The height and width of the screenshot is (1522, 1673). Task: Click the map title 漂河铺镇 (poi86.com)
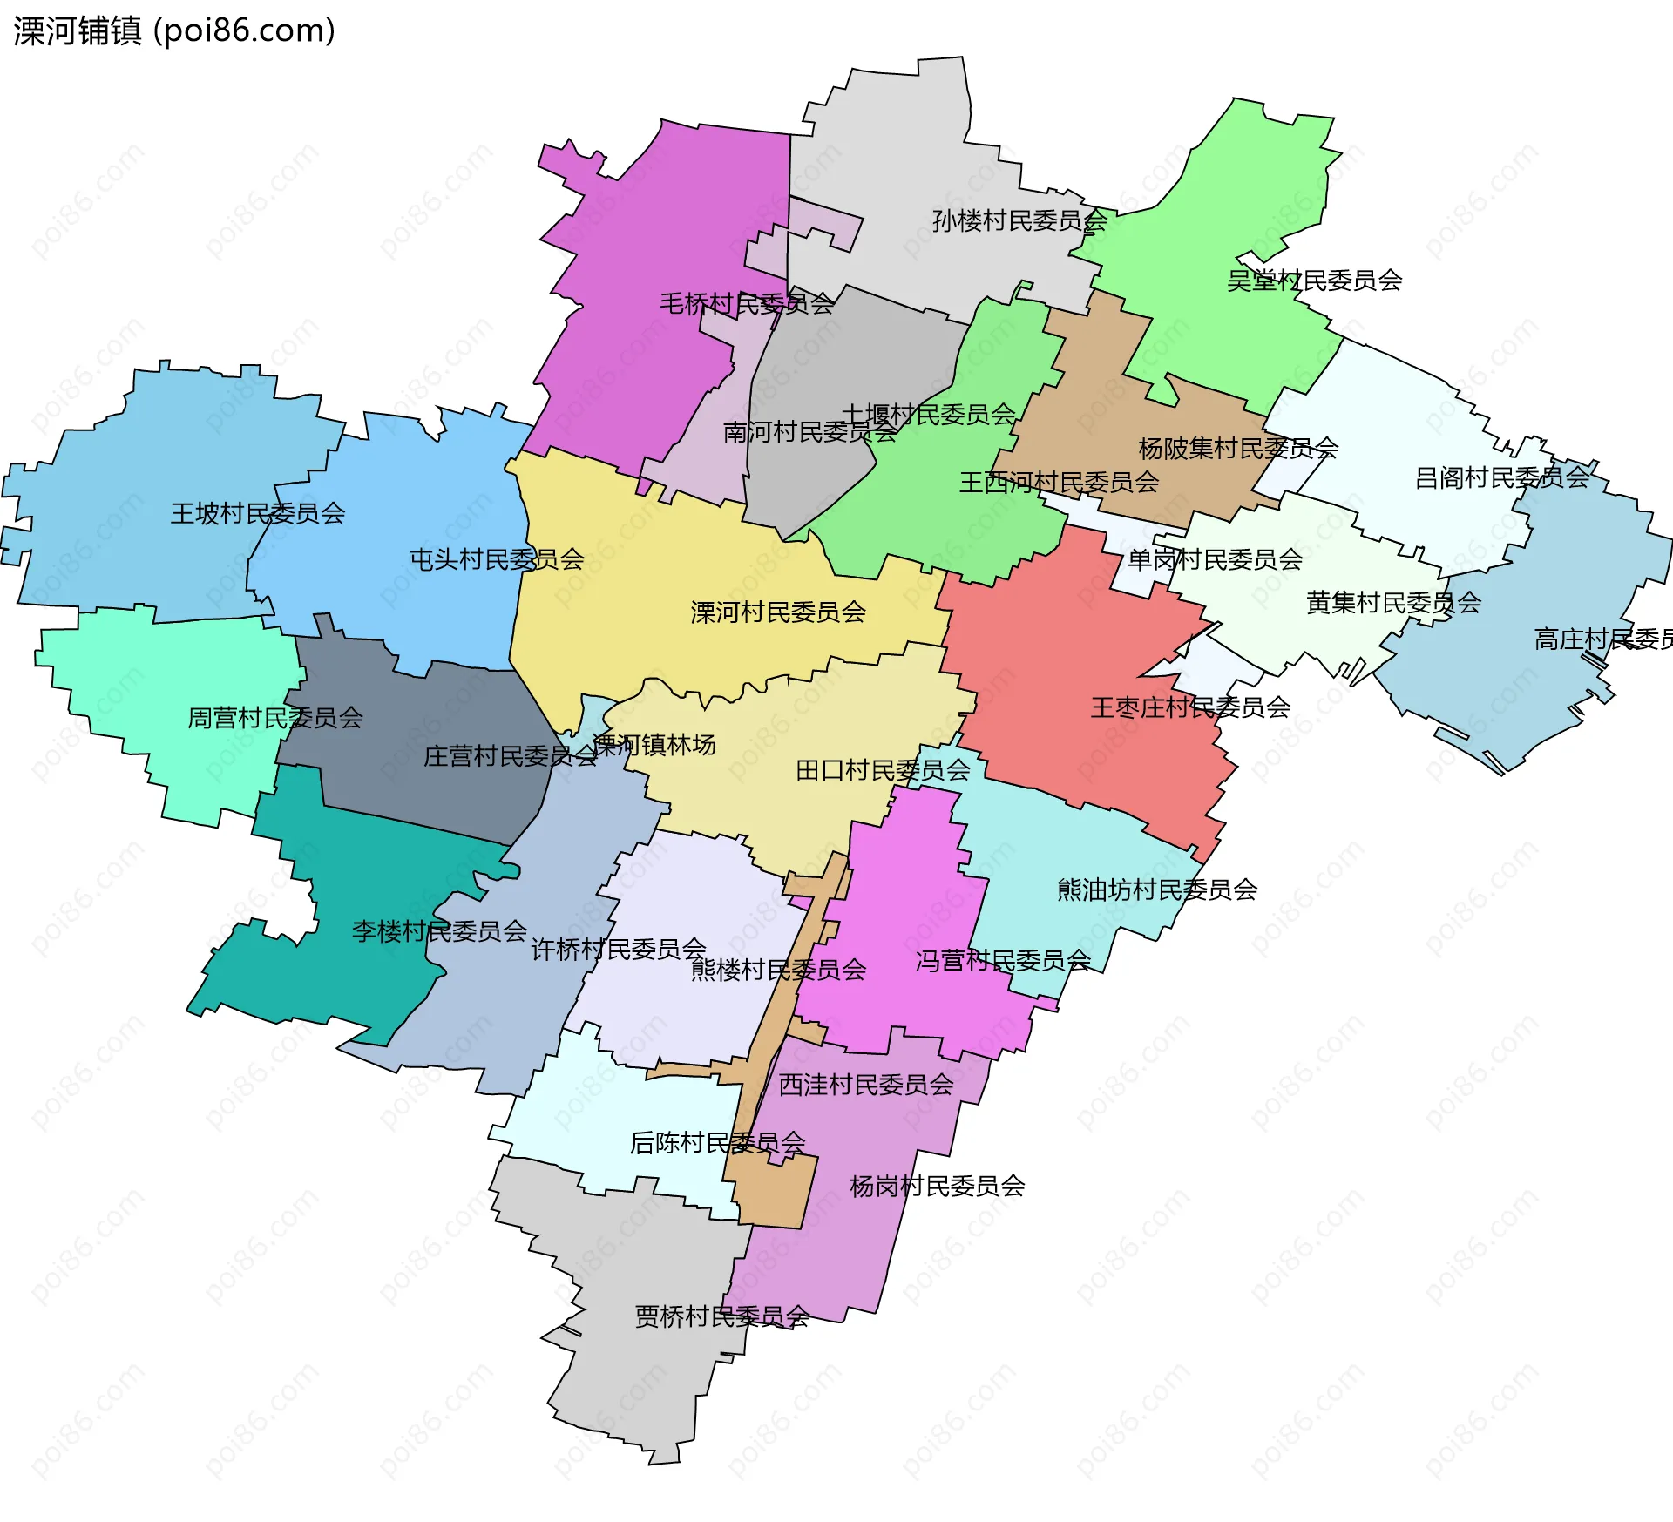coord(174,31)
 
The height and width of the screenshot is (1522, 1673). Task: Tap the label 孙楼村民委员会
coord(1019,220)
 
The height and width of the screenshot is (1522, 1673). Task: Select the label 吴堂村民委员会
coord(1314,281)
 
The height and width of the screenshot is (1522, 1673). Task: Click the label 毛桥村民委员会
coord(746,304)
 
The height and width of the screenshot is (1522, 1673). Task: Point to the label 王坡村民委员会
coord(258,513)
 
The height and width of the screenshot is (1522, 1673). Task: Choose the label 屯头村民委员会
coord(497,559)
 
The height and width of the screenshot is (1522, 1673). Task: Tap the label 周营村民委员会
coord(275,718)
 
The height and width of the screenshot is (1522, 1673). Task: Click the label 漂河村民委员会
coord(778,612)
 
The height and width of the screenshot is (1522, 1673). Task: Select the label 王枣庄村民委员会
coord(1190,707)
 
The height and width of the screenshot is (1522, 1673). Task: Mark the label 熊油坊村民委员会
coord(1157,890)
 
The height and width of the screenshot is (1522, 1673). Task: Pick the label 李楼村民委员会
coord(439,931)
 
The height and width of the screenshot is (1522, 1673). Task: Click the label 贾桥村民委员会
coord(722,1316)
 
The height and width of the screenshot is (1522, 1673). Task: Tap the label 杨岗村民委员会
coord(938,1186)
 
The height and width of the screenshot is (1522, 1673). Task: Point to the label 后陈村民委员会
coord(717,1142)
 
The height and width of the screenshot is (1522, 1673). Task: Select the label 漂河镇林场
coord(654,745)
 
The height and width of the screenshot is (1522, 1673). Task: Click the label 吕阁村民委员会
coord(1502,477)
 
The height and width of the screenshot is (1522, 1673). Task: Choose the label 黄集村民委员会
coord(1393,603)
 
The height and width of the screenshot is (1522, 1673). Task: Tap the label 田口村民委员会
coord(883,770)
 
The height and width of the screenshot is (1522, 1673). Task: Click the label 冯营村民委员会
coord(1003,961)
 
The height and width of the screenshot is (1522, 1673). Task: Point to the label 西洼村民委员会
coord(865,1085)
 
